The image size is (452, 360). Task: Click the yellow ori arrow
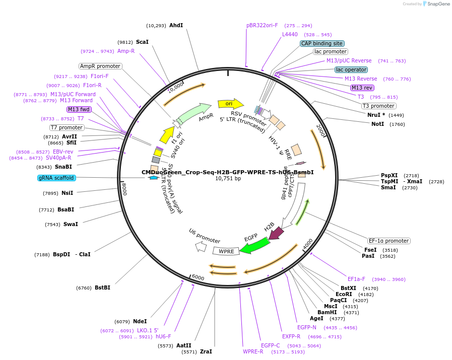[x=227, y=104]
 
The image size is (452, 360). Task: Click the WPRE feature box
[x=226, y=251]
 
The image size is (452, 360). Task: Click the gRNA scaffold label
[x=56, y=178]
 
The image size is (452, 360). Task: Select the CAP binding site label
[x=322, y=43]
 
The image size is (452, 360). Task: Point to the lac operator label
[x=351, y=69]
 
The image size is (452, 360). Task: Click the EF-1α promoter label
[x=389, y=241]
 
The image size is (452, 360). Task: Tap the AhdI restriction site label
[x=176, y=25]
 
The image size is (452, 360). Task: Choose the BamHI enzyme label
[x=327, y=312]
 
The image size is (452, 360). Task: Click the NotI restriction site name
[x=378, y=124]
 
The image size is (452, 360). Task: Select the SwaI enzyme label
[x=71, y=224]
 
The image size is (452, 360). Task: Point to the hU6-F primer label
[x=163, y=336]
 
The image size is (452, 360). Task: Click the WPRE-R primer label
[x=253, y=351]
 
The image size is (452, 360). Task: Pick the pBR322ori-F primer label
[x=262, y=25]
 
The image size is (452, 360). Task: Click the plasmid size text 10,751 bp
[x=228, y=178]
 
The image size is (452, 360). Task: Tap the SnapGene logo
[x=437, y=4]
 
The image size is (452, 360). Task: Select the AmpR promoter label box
[x=100, y=66]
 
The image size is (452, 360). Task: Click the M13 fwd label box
[x=79, y=109]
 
